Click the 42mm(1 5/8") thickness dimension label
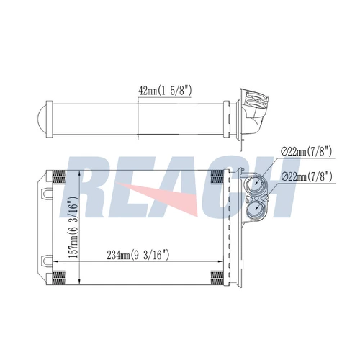tap(165, 91)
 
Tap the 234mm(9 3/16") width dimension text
tap(138, 255)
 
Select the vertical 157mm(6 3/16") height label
tap(73, 227)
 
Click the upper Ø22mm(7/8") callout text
tap(306, 151)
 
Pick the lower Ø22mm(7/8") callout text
tap(307, 177)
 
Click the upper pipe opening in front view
tap(256, 184)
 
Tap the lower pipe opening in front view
tap(256, 210)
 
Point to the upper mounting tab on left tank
tap(47, 193)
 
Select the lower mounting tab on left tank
tap(47, 261)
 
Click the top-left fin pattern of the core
tap(59, 176)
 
